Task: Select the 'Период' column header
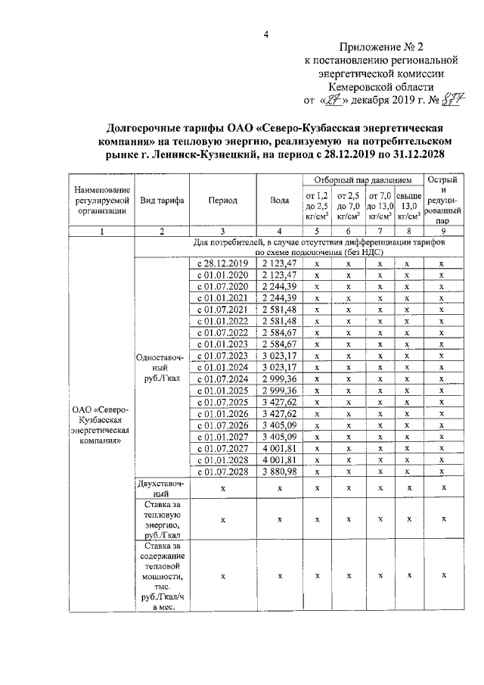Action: tap(223, 201)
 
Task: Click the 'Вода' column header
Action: tap(280, 201)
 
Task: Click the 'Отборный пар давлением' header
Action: tap(358, 181)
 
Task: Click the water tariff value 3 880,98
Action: tap(280, 472)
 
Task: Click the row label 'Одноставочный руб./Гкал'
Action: tap(160, 367)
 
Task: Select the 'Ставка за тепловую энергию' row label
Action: tap(160, 518)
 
